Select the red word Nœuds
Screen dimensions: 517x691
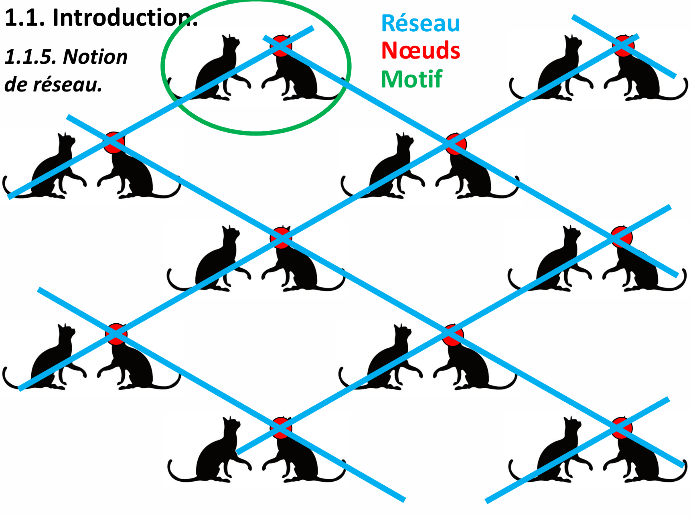click(420, 51)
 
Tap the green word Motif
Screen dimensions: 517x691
click(411, 79)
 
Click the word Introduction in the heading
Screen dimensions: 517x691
click(124, 18)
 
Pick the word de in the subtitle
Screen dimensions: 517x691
click(16, 85)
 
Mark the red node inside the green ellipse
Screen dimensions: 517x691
click(281, 45)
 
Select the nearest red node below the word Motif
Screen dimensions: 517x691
click(456, 144)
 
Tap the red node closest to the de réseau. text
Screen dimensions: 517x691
click(114, 142)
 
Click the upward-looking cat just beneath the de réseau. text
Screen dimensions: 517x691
click(52, 168)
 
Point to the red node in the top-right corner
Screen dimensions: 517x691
click(624, 45)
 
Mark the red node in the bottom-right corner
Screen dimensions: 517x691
click(622, 428)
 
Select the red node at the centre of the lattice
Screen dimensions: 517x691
click(281, 237)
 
